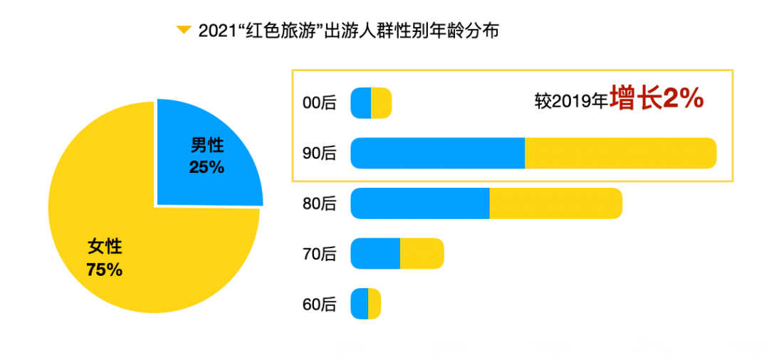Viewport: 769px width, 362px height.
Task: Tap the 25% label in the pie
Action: (206, 168)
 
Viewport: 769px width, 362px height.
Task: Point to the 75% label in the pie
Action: (104, 270)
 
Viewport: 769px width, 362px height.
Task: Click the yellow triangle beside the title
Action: (184, 30)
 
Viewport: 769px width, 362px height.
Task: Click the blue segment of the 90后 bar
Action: (437, 153)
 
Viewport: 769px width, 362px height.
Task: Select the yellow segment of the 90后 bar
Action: (619, 153)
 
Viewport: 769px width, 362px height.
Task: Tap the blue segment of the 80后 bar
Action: (419, 203)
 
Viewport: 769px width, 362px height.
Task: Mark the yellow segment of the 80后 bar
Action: (555, 203)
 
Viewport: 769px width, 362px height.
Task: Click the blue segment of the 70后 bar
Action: (375, 254)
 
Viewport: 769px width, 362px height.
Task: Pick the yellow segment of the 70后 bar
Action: (422, 254)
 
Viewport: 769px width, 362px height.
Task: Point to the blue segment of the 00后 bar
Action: (361, 103)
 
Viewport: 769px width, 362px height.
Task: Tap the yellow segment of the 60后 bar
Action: (374, 304)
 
